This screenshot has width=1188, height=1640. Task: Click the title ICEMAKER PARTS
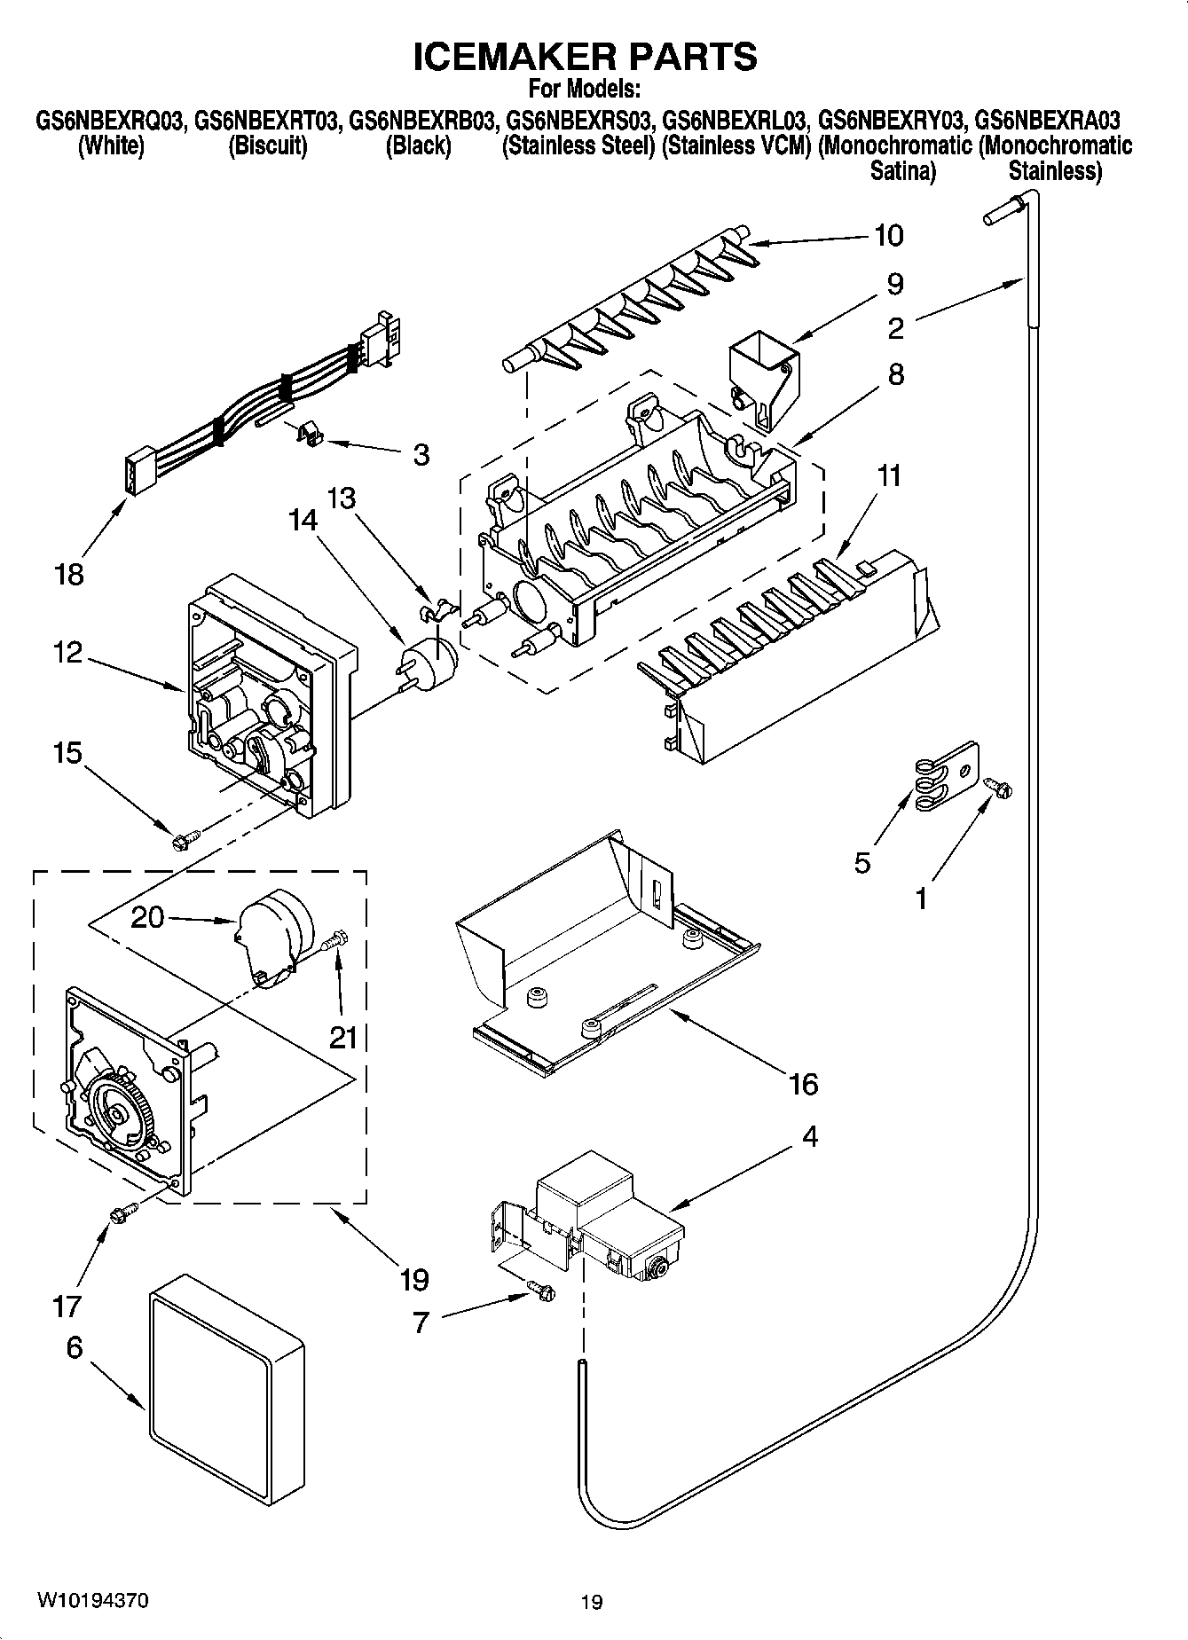pyautogui.click(x=586, y=57)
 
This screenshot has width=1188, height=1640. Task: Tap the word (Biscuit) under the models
pyautogui.click(x=268, y=146)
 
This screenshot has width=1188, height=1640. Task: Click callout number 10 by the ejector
pyautogui.click(x=888, y=236)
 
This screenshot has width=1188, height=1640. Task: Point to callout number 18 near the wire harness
pyautogui.click(x=68, y=575)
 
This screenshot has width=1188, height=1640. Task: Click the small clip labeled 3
pyautogui.click(x=308, y=435)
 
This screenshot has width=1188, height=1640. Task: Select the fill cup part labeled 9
pyautogui.click(x=764, y=370)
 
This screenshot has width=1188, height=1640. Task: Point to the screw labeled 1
pyautogui.click(x=998, y=787)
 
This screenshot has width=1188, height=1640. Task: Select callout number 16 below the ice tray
pyautogui.click(x=803, y=1084)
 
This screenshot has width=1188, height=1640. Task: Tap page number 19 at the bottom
pyautogui.click(x=592, y=1602)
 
